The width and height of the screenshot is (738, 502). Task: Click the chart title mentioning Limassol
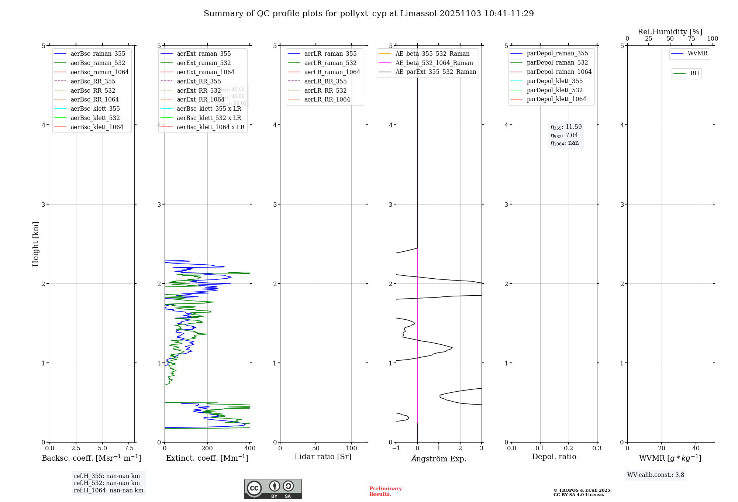click(x=369, y=14)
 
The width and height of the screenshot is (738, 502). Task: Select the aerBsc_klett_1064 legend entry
click(x=97, y=127)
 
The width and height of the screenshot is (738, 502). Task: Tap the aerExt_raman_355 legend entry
click(x=204, y=54)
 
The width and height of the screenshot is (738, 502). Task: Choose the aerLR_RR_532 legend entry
click(x=325, y=90)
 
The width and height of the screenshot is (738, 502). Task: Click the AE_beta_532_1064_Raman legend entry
click(x=434, y=63)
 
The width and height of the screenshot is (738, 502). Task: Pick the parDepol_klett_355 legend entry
click(x=555, y=81)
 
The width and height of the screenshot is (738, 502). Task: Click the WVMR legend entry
click(x=697, y=54)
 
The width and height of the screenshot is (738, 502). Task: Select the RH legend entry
click(x=694, y=73)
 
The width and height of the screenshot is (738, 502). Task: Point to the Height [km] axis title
click(x=35, y=244)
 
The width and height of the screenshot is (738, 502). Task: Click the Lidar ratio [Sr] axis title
click(x=323, y=457)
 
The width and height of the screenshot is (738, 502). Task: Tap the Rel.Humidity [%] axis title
click(x=670, y=32)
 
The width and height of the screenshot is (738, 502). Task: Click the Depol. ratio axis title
click(x=554, y=457)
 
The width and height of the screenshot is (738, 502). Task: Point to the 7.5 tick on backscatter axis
click(x=129, y=448)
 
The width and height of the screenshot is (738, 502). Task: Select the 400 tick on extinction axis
click(x=250, y=448)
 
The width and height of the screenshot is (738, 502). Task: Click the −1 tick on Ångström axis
click(x=396, y=448)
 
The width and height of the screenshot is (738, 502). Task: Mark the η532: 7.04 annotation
click(x=564, y=135)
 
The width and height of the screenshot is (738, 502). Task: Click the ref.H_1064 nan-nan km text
click(x=108, y=490)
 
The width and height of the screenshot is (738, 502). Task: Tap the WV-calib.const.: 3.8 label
click(x=656, y=475)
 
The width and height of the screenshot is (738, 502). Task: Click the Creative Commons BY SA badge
click(x=273, y=489)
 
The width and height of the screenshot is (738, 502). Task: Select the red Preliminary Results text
click(x=385, y=491)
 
